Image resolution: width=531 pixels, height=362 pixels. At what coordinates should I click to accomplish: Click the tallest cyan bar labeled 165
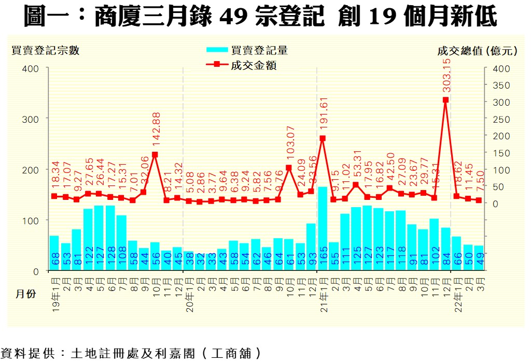(x=323, y=228)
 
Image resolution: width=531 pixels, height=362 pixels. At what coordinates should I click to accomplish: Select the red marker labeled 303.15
(x=445, y=100)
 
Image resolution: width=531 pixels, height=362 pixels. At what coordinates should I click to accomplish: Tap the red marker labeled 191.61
(x=323, y=138)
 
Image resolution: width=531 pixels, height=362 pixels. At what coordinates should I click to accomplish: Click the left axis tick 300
(x=31, y=119)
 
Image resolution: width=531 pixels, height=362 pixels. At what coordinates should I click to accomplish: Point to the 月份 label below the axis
(x=25, y=294)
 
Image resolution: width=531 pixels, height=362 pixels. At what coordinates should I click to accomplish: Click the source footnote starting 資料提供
(x=130, y=354)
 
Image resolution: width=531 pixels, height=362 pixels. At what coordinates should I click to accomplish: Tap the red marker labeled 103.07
(x=289, y=167)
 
